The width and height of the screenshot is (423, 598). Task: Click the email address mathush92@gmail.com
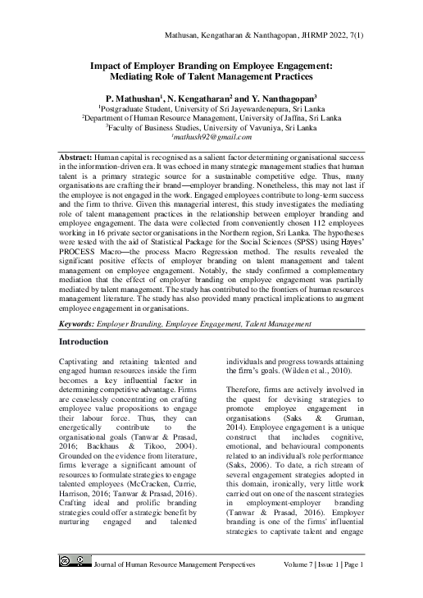pyautogui.click(x=211, y=139)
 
